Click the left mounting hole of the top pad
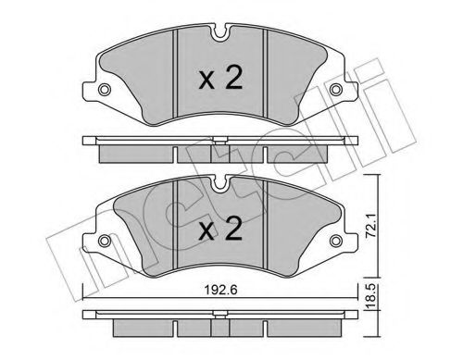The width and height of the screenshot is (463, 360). (104, 90)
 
